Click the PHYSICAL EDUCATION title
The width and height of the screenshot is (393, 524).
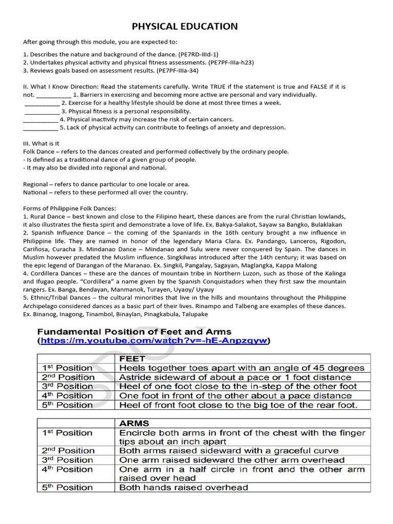[185, 27]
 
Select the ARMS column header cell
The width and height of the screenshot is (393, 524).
[134, 423]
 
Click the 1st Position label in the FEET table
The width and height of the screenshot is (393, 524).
[67, 368]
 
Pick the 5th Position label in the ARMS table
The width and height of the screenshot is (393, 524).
[67, 487]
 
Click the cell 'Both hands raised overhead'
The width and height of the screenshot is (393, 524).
[184, 487]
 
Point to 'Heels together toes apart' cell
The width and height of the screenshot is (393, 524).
[242, 368]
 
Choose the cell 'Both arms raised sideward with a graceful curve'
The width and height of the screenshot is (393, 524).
[229, 451]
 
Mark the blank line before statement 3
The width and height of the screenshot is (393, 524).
[41, 112]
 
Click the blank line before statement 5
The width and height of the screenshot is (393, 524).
[40, 128]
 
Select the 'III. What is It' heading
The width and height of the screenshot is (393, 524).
[41, 144]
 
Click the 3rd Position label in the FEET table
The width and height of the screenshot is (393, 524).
[67, 386]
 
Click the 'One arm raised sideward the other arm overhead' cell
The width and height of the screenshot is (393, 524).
[232, 460]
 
